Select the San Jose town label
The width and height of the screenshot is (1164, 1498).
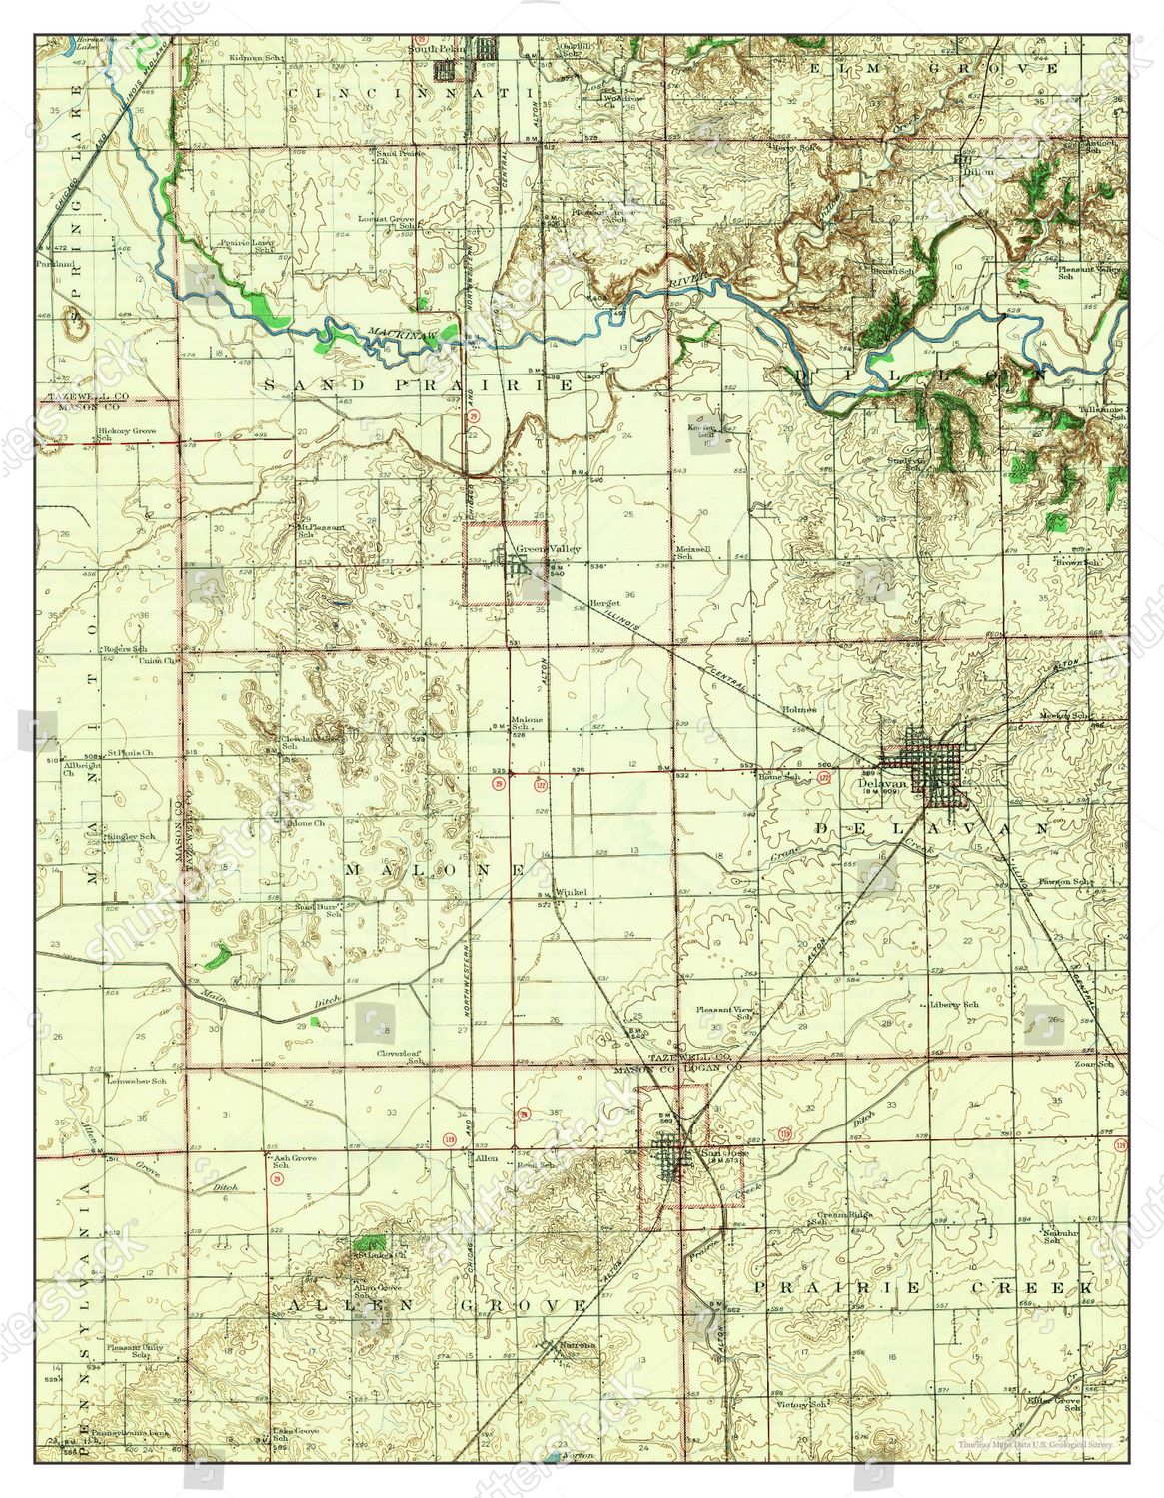[717, 1155]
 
